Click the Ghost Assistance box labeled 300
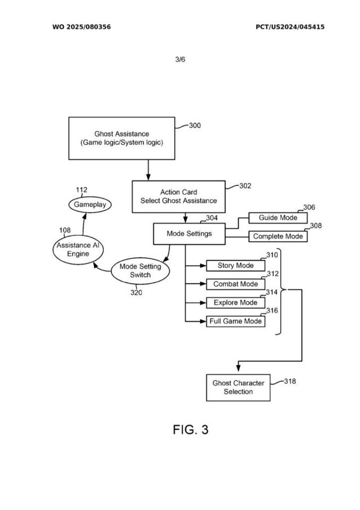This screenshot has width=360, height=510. tap(121, 138)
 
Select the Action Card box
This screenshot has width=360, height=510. tap(178, 197)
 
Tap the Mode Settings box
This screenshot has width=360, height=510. tap(189, 233)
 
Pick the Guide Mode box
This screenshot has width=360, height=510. tap(277, 218)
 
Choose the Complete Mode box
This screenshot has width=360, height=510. tap(278, 236)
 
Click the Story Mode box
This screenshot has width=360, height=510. tap(235, 266)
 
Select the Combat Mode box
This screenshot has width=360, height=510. tap(235, 284)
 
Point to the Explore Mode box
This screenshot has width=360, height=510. tap(235, 303)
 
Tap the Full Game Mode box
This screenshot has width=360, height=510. tap(235, 321)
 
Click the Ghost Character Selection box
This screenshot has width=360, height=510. tap(238, 387)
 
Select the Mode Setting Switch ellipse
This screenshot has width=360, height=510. tap(140, 270)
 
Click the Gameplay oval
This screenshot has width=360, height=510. tap(90, 205)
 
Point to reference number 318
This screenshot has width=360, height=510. tap(290, 381)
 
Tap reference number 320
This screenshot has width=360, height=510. tap(136, 292)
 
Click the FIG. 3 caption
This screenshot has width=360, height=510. tap(190, 430)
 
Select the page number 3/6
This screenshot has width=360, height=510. tap(180, 59)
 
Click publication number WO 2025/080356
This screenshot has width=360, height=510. tap(81, 27)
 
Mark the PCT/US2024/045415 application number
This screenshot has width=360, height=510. tap(290, 27)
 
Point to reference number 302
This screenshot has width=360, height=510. tap(245, 186)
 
